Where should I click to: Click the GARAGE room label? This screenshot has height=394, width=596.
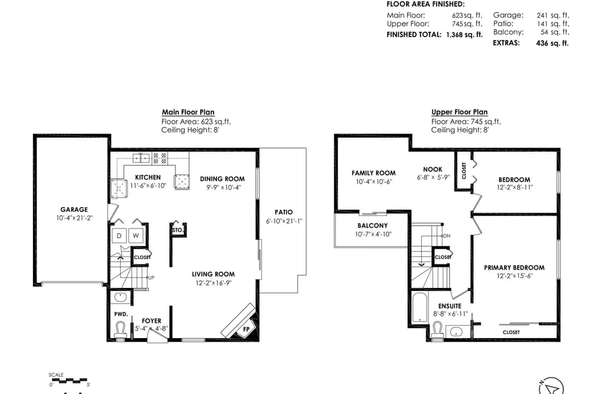click(x=74, y=210)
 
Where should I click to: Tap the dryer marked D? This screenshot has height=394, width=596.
click(x=119, y=236)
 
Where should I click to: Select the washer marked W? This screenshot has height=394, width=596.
click(x=136, y=236)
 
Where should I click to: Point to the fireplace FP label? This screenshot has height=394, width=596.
click(x=247, y=329)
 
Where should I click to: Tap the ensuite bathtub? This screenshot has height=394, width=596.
click(x=419, y=308)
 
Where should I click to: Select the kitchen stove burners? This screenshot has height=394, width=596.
click(x=159, y=158)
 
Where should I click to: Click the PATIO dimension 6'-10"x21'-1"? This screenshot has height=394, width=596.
click(x=284, y=221)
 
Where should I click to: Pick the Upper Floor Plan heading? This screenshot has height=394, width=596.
click(x=460, y=112)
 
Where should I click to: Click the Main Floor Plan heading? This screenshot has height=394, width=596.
click(x=188, y=112)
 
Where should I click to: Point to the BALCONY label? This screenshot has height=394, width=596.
click(x=372, y=226)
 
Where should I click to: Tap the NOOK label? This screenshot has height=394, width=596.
click(x=432, y=169)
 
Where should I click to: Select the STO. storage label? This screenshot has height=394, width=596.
click(x=178, y=230)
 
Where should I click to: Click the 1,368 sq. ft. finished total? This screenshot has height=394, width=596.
click(x=464, y=35)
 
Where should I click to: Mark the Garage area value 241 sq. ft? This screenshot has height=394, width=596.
click(x=553, y=15)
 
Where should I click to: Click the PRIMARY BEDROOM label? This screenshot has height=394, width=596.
click(x=514, y=268)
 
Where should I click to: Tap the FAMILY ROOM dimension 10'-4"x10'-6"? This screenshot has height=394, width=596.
click(x=374, y=182)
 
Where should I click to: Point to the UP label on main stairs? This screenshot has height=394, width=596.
click(x=151, y=277)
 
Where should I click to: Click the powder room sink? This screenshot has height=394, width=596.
click(x=121, y=297)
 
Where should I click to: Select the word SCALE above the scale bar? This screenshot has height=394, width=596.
click(x=56, y=375)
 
